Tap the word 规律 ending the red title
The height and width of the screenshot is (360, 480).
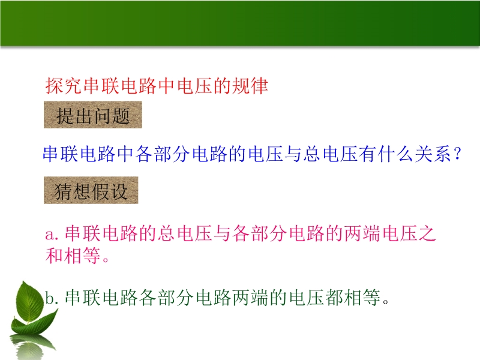(250, 86)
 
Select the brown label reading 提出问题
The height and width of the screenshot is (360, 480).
(93, 115)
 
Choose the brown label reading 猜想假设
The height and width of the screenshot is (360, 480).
(91, 190)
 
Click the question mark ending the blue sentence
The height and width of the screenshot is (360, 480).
(458, 153)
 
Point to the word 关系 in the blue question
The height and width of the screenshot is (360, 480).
(433, 154)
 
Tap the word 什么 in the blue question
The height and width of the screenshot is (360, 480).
(396, 154)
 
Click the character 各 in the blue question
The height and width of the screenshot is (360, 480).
(144, 154)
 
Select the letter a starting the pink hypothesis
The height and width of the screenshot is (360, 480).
(50, 235)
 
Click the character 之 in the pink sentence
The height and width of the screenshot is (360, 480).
(427, 233)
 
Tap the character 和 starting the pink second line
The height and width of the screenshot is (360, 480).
(55, 256)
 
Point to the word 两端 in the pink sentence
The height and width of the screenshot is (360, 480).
(362, 233)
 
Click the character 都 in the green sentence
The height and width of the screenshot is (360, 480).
(334, 297)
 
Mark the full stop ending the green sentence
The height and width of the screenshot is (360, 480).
(386, 302)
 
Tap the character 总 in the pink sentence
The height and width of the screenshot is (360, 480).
(167, 233)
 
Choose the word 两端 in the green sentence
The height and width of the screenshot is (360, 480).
(250, 297)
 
